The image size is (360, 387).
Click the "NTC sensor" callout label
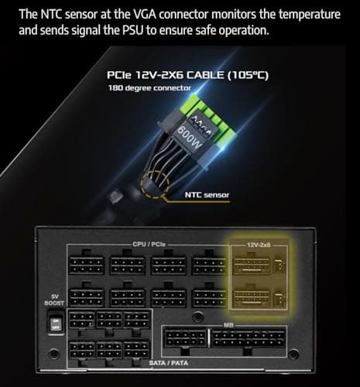207,195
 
